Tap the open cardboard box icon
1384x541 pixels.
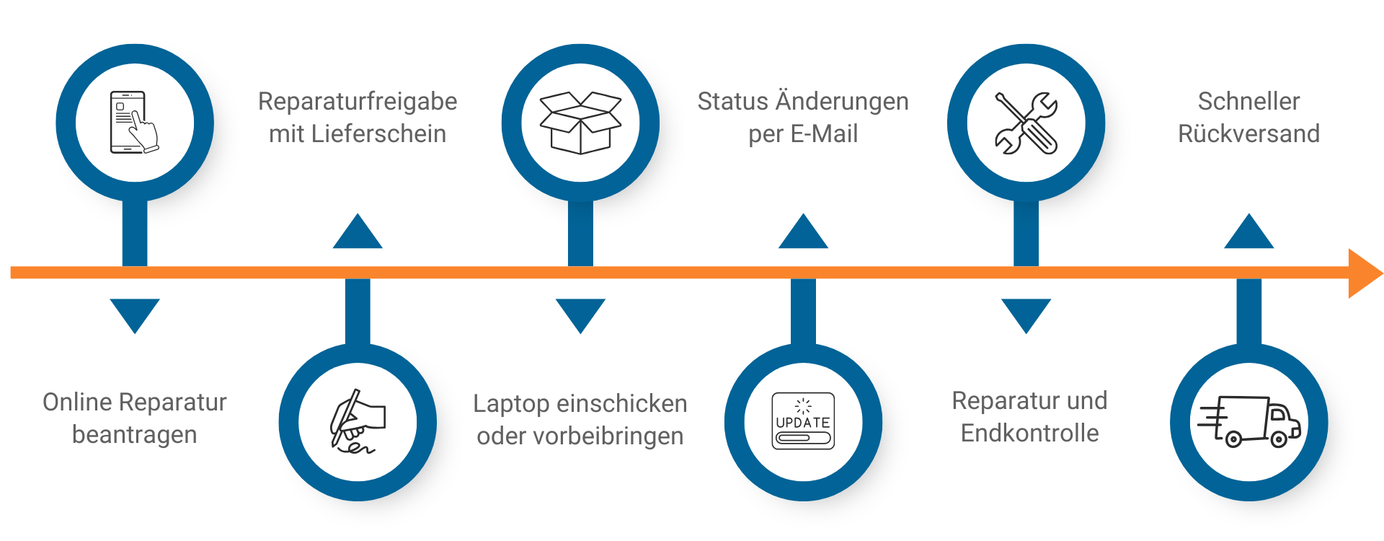(580, 123)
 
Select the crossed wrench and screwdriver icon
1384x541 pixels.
(1026, 123)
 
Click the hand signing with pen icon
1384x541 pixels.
(358, 422)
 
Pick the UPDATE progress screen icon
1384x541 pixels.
(803, 422)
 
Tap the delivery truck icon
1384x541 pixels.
(1248, 422)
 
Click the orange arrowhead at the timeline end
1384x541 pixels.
(1364, 273)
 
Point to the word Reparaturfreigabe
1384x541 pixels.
(358, 102)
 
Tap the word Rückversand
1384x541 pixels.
(1248, 134)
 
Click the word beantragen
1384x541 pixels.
(135, 435)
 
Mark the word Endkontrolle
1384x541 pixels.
(1029, 434)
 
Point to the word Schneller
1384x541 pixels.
(1248, 102)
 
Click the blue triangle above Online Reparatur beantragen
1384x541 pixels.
(135, 313)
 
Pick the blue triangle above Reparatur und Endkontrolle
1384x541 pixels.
(1026, 313)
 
